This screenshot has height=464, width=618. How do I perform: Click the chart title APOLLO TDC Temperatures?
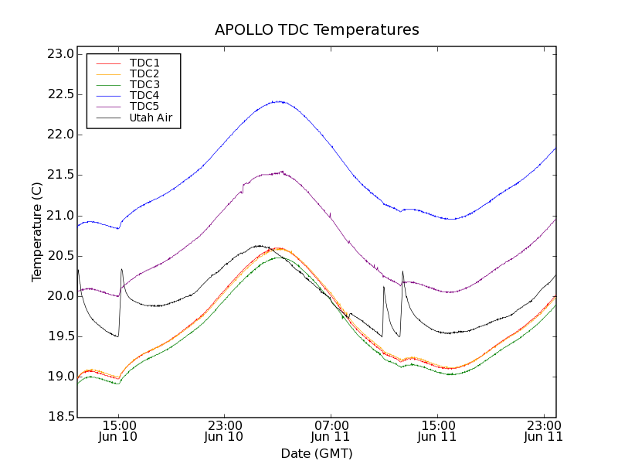[317, 30]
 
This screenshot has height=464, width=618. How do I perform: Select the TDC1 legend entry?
[144, 63]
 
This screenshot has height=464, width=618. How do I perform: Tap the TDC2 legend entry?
[144, 73]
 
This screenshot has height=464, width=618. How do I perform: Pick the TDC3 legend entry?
[144, 84]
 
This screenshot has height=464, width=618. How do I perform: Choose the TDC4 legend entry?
[144, 95]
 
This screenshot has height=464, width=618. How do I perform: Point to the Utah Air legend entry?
[151, 118]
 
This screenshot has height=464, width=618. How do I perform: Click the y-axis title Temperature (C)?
[37, 232]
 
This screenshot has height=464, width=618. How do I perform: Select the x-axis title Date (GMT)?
[317, 453]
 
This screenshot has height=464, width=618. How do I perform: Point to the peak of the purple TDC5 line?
[282, 172]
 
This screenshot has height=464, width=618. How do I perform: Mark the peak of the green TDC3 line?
[278, 258]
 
